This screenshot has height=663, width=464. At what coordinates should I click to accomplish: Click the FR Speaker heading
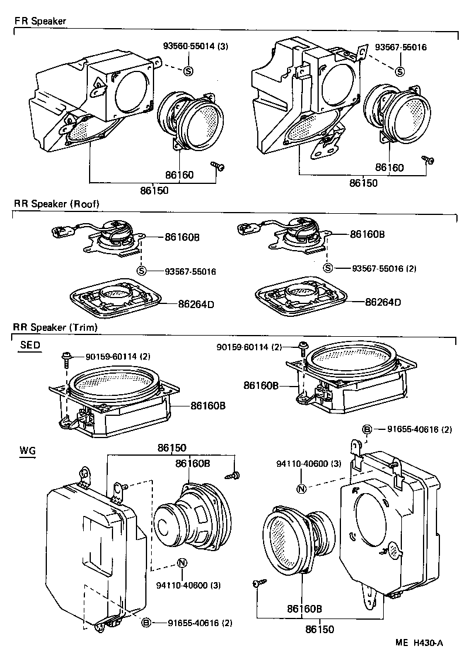(40, 21)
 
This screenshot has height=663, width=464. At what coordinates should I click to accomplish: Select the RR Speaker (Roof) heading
(56, 204)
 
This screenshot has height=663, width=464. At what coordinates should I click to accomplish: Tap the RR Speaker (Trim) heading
(55, 327)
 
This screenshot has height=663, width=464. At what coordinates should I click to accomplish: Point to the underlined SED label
(30, 345)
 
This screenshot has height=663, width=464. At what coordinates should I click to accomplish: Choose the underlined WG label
(28, 451)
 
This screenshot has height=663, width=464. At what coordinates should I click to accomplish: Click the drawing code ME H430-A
(419, 643)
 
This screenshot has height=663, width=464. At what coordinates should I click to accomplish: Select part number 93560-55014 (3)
(195, 47)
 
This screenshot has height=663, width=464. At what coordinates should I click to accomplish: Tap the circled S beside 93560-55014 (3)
(188, 71)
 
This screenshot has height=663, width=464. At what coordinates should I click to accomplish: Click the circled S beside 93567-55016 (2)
(328, 268)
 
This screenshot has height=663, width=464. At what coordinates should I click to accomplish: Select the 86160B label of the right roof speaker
(367, 234)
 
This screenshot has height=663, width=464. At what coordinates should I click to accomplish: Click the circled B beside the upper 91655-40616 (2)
(367, 429)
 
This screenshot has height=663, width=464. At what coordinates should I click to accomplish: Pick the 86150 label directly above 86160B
(171, 448)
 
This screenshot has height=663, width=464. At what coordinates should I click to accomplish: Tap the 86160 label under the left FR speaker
(179, 175)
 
